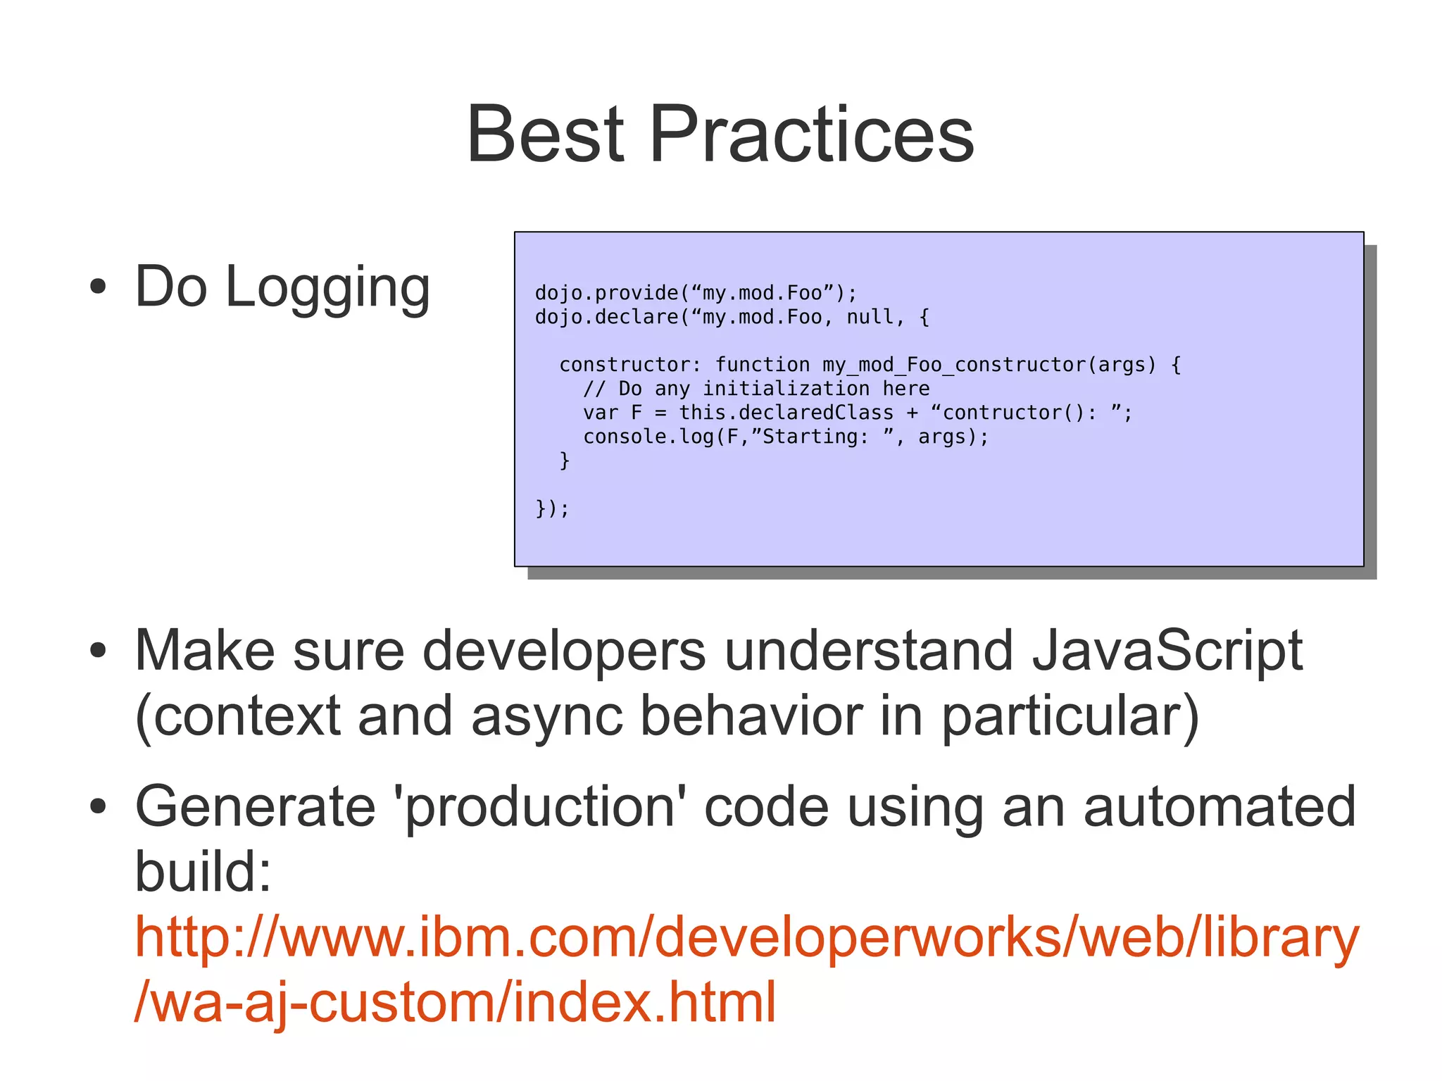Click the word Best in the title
[545, 134]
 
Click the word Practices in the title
[812, 134]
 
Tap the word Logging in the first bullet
[327, 287]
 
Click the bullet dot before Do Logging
[98, 287]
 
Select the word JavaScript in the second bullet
[1167, 651]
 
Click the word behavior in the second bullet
[751, 716]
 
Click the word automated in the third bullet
[1220, 807]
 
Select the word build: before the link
[203, 872]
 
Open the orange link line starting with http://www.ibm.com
[746, 937]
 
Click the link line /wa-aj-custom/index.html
[455, 1002]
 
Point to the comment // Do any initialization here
[756, 389]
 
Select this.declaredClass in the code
[786, 413]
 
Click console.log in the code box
[648, 437]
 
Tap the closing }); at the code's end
[552, 508]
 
